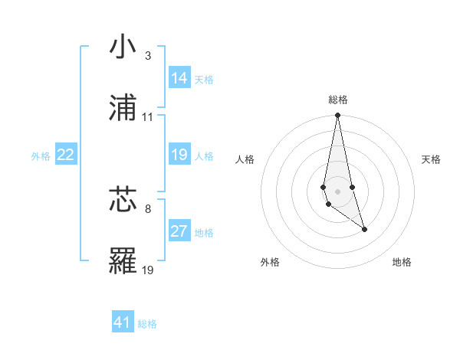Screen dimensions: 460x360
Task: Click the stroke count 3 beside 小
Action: click(147, 56)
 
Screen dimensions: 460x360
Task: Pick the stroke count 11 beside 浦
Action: click(147, 117)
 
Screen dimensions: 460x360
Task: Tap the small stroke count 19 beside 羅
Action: click(147, 270)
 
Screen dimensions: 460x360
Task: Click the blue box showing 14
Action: click(179, 78)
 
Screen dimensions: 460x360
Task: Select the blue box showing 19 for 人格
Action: click(179, 155)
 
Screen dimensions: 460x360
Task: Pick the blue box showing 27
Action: click(179, 231)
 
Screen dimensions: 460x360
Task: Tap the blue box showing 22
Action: click(66, 155)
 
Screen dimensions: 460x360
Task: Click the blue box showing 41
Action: click(123, 322)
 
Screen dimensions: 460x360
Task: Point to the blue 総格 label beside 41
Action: click(147, 324)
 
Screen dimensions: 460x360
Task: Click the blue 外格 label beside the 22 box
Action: click(41, 156)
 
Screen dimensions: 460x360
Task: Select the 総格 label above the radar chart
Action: click(337, 100)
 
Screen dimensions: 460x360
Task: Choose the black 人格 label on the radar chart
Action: click(245, 159)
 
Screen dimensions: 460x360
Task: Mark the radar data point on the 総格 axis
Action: click(337, 116)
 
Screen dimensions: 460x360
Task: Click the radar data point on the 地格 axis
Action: click(364, 229)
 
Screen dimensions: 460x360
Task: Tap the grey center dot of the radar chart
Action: click(337, 191)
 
